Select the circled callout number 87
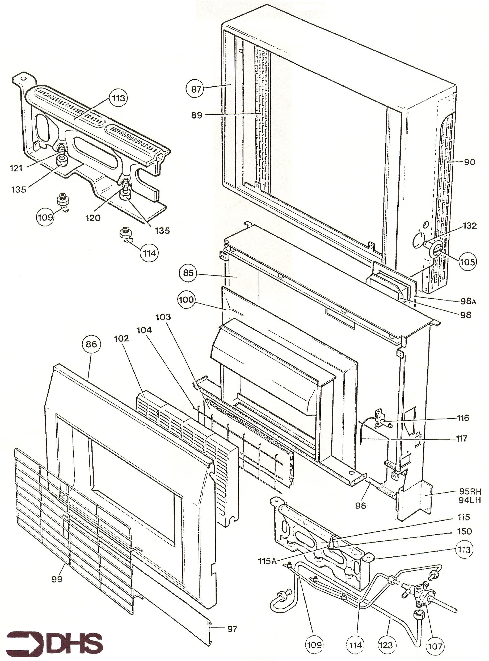click(196, 89)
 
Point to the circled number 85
click(188, 272)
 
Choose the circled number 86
click(91, 344)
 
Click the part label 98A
click(468, 301)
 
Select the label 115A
click(267, 561)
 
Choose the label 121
click(16, 168)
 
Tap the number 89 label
click(197, 115)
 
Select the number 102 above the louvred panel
click(122, 338)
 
